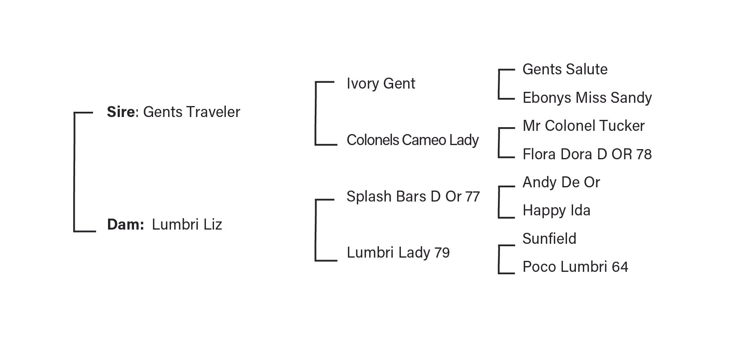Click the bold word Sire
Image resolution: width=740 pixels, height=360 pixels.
pos(121,112)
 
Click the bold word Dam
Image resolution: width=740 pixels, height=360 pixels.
pos(125,225)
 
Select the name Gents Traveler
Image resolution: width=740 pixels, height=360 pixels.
pos(191,112)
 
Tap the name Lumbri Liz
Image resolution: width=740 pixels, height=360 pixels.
pos(187,225)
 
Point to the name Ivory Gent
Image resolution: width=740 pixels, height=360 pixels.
pos(381,84)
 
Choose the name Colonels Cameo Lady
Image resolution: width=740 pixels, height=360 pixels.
pos(412,140)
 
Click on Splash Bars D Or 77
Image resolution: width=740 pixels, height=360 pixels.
pos(413,197)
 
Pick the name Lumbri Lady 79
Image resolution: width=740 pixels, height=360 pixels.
pos(398,253)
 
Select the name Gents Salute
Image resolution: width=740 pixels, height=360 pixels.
pos(565,69)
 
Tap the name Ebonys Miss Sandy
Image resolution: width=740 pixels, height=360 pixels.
pos(587,98)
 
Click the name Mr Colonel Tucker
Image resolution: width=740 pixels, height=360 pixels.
pos(583,126)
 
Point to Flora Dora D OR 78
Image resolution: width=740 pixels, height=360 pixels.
pos(587,154)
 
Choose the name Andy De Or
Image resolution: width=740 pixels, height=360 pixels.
pos(561,182)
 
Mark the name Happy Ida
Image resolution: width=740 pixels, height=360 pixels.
pos(556,210)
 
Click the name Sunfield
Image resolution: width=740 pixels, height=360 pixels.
pos(549,239)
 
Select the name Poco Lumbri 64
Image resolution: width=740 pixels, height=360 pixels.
pos(575,267)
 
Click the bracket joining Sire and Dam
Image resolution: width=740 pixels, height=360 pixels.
pos(74,172)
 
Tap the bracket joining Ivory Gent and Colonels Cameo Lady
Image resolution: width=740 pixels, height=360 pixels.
pos(316,113)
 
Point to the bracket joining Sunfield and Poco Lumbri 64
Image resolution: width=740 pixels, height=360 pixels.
pos(499,260)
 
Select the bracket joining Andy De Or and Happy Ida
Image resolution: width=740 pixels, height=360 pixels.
pos(499,202)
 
